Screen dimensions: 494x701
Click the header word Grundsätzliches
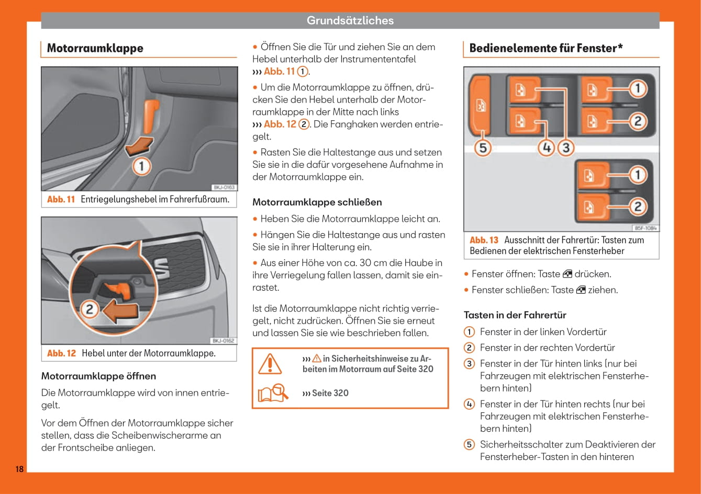point(350,21)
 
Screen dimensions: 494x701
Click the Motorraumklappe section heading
point(95,48)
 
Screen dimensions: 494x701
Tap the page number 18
point(19,468)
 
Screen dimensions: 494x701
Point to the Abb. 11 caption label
point(61,199)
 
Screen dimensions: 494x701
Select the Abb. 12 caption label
point(61,353)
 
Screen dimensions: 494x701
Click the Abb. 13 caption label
point(484,240)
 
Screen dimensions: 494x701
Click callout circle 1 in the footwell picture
point(141,167)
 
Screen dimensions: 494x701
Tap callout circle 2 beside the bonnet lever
point(90,309)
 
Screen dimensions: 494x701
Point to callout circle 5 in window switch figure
point(482,148)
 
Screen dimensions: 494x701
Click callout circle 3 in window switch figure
point(565,148)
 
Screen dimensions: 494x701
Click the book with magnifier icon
point(273,393)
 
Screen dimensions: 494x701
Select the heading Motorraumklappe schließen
point(317,202)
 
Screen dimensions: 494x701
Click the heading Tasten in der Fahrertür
point(515,315)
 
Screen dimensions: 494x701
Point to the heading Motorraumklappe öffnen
point(98,376)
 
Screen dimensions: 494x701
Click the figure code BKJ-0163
point(224,187)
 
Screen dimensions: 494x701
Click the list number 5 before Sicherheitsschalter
point(470,445)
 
